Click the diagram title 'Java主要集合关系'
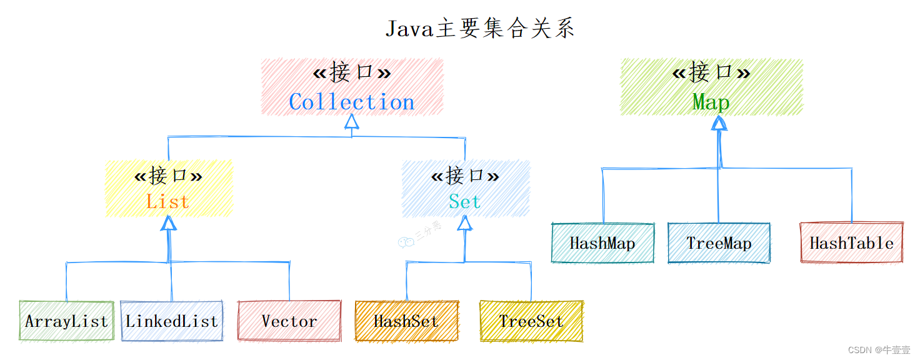(x=480, y=28)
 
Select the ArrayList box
(x=66, y=321)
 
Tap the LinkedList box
(x=172, y=321)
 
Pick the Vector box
(x=289, y=321)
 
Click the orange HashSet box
(x=407, y=321)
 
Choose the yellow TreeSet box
(x=531, y=321)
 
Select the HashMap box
(x=602, y=243)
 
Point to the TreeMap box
(x=719, y=243)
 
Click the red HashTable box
(x=852, y=243)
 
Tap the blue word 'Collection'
(x=352, y=102)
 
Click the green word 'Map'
(x=711, y=102)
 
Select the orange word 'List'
(x=168, y=201)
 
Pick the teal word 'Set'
(x=465, y=201)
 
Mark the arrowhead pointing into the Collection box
(x=352, y=121)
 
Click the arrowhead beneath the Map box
(x=719, y=123)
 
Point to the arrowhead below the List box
(x=168, y=223)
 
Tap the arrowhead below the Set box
(x=465, y=223)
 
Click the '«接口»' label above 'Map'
(x=711, y=72)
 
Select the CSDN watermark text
(x=879, y=350)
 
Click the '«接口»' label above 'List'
(x=168, y=176)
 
